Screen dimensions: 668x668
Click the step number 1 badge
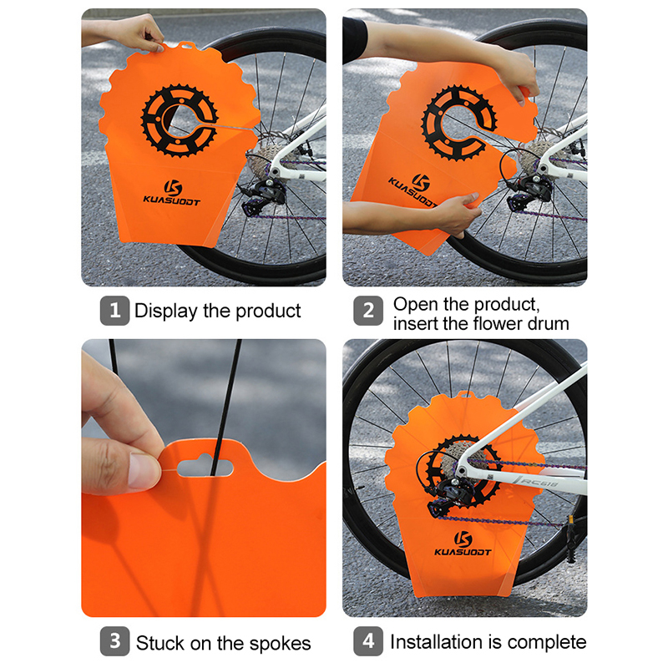pos(114,311)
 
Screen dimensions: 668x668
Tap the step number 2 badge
pos(368,311)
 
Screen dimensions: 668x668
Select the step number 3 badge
pos(114,641)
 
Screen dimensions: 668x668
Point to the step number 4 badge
pos(368,641)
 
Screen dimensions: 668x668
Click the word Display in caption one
pos(165,311)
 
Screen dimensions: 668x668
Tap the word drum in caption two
pos(549,324)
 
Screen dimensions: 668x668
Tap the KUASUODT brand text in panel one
pos(171,200)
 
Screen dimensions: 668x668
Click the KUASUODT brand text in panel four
pos(463,552)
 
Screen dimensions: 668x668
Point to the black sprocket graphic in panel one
pos(180,121)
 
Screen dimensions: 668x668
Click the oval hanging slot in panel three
pos(205,468)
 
